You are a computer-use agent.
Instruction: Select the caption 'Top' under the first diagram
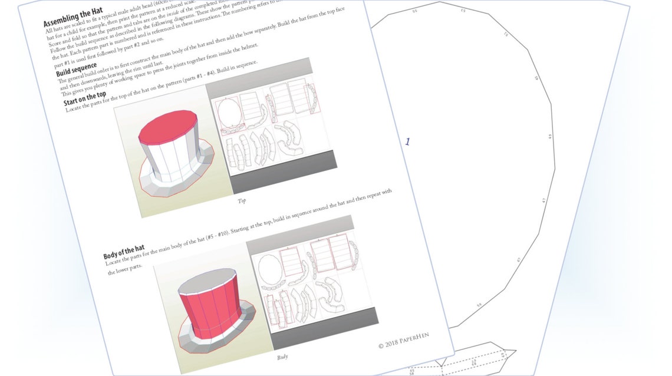coord(241,201)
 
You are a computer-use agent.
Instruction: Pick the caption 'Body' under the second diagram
coord(282,357)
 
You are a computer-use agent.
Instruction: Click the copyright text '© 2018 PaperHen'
coord(404,340)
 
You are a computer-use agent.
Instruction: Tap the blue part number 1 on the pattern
coord(407,141)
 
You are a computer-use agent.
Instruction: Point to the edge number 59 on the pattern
coord(479,305)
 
